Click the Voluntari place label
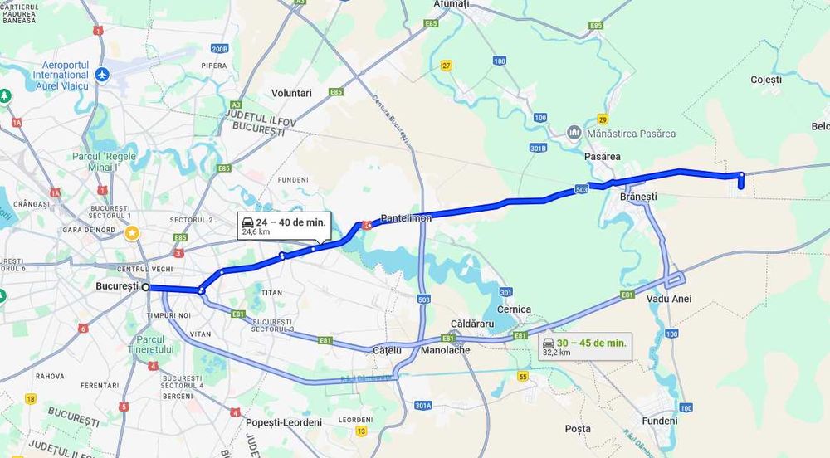(x=291, y=93)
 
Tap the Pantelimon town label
(x=406, y=218)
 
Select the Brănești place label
(x=638, y=197)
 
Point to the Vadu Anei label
(x=669, y=299)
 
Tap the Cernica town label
(x=514, y=309)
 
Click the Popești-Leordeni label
(x=284, y=422)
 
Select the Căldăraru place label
(x=471, y=323)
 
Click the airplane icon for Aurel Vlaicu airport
(x=102, y=75)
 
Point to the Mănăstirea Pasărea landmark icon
(x=574, y=133)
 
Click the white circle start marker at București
(x=146, y=287)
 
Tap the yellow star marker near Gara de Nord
(x=131, y=232)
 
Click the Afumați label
(x=452, y=4)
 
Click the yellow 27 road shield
(x=447, y=66)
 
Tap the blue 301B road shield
(x=539, y=148)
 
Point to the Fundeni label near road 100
(x=660, y=421)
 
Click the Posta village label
(x=578, y=429)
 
